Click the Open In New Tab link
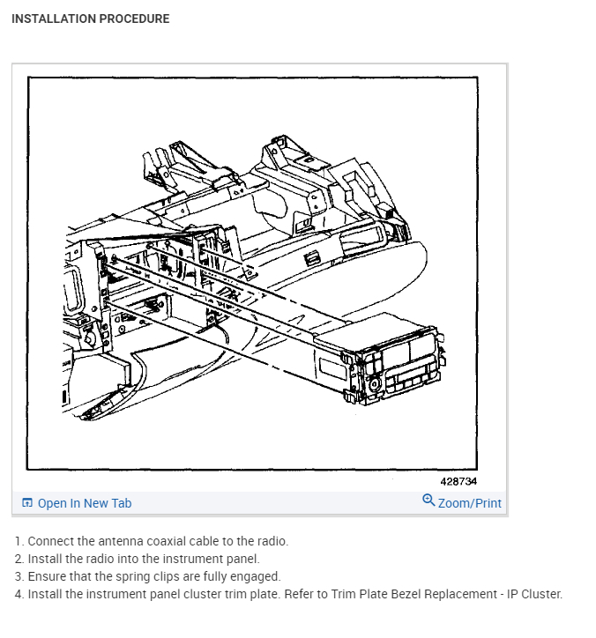click(x=84, y=503)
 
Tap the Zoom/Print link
click(x=469, y=503)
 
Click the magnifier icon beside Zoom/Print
click(x=428, y=501)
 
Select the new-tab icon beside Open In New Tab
click(x=27, y=503)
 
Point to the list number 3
click(x=19, y=576)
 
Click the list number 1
click(x=19, y=541)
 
